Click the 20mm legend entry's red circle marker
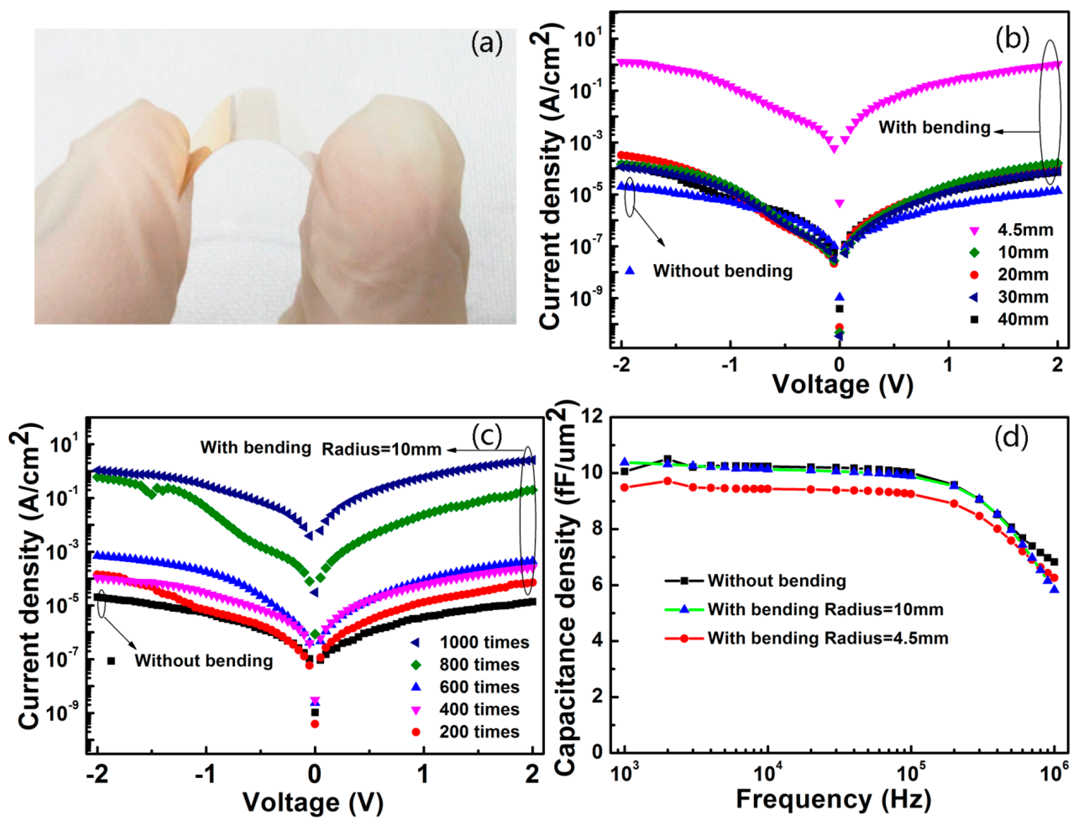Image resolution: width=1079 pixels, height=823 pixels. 975,275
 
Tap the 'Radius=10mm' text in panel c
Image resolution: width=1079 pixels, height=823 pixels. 381,449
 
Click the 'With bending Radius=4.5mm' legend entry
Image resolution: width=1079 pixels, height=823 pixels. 827,638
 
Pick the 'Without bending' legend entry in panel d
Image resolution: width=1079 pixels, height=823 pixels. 777,581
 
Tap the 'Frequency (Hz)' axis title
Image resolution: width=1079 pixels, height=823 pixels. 833,799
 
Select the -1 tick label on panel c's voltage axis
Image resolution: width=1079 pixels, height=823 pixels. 205,775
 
